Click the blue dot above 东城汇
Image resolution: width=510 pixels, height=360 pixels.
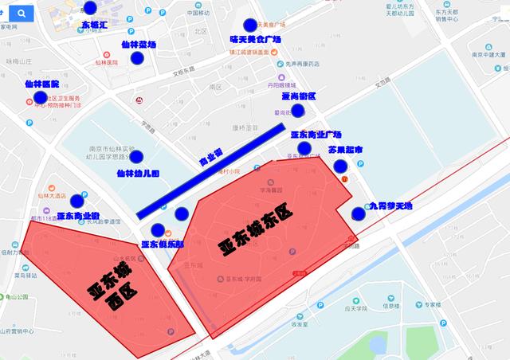89,8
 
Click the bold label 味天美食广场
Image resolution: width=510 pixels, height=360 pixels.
256,38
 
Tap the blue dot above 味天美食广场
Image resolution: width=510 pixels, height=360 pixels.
251,25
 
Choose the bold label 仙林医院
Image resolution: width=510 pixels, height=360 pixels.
41,84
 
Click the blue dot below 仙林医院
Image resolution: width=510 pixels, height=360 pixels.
40,98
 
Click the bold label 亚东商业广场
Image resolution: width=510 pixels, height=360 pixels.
316,135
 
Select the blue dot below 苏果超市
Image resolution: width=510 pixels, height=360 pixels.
340,166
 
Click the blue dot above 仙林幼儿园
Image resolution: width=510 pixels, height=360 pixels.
136,157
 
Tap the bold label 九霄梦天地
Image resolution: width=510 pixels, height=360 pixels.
390,206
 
